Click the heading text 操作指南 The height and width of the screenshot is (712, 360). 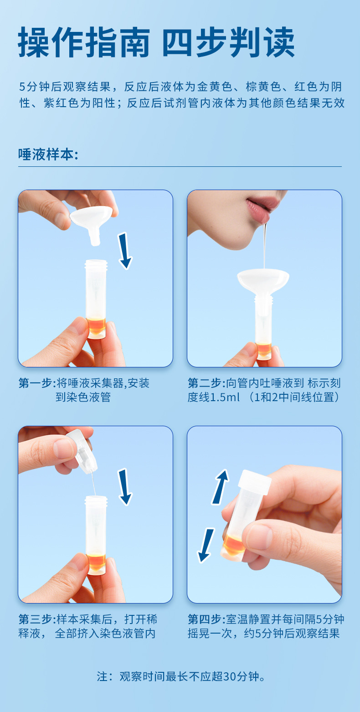83,42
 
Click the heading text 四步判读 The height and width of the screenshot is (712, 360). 229,42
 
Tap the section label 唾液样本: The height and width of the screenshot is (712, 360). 48,155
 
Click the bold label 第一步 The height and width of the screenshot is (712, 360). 35,383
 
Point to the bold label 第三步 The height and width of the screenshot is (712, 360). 35,619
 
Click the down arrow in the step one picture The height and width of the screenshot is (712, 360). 124,251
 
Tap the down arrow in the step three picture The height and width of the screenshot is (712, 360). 124,487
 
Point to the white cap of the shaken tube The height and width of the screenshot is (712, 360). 255,481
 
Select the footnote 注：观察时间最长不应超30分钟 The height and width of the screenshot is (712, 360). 181,676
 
